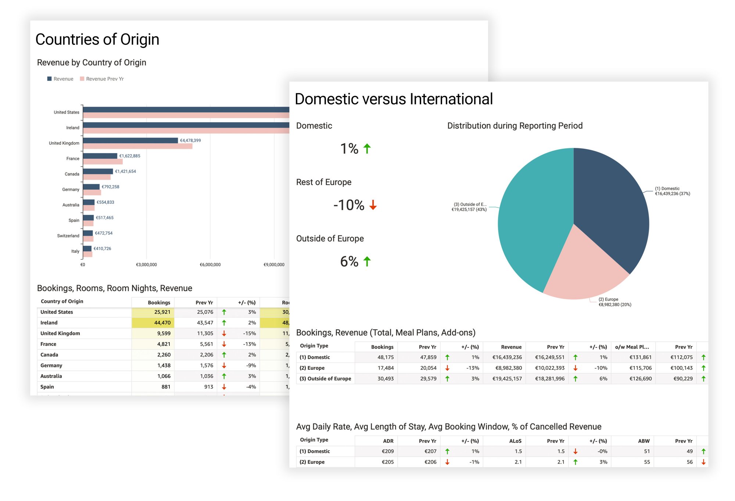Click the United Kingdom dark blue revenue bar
click(x=130, y=141)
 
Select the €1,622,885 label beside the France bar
click(x=130, y=156)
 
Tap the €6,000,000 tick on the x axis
click(x=210, y=264)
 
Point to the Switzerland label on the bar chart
click(x=68, y=236)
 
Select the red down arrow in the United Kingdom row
click(x=224, y=333)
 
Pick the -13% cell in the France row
click(x=249, y=344)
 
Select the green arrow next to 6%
click(x=367, y=262)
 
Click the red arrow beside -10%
click(x=373, y=205)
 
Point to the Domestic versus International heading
click(x=394, y=99)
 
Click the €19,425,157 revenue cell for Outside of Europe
click(x=507, y=379)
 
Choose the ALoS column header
click(x=515, y=441)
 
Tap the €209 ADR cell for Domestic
click(x=387, y=451)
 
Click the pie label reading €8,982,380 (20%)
click(x=615, y=305)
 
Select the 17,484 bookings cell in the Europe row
click(x=386, y=368)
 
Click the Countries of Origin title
click(x=97, y=39)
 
